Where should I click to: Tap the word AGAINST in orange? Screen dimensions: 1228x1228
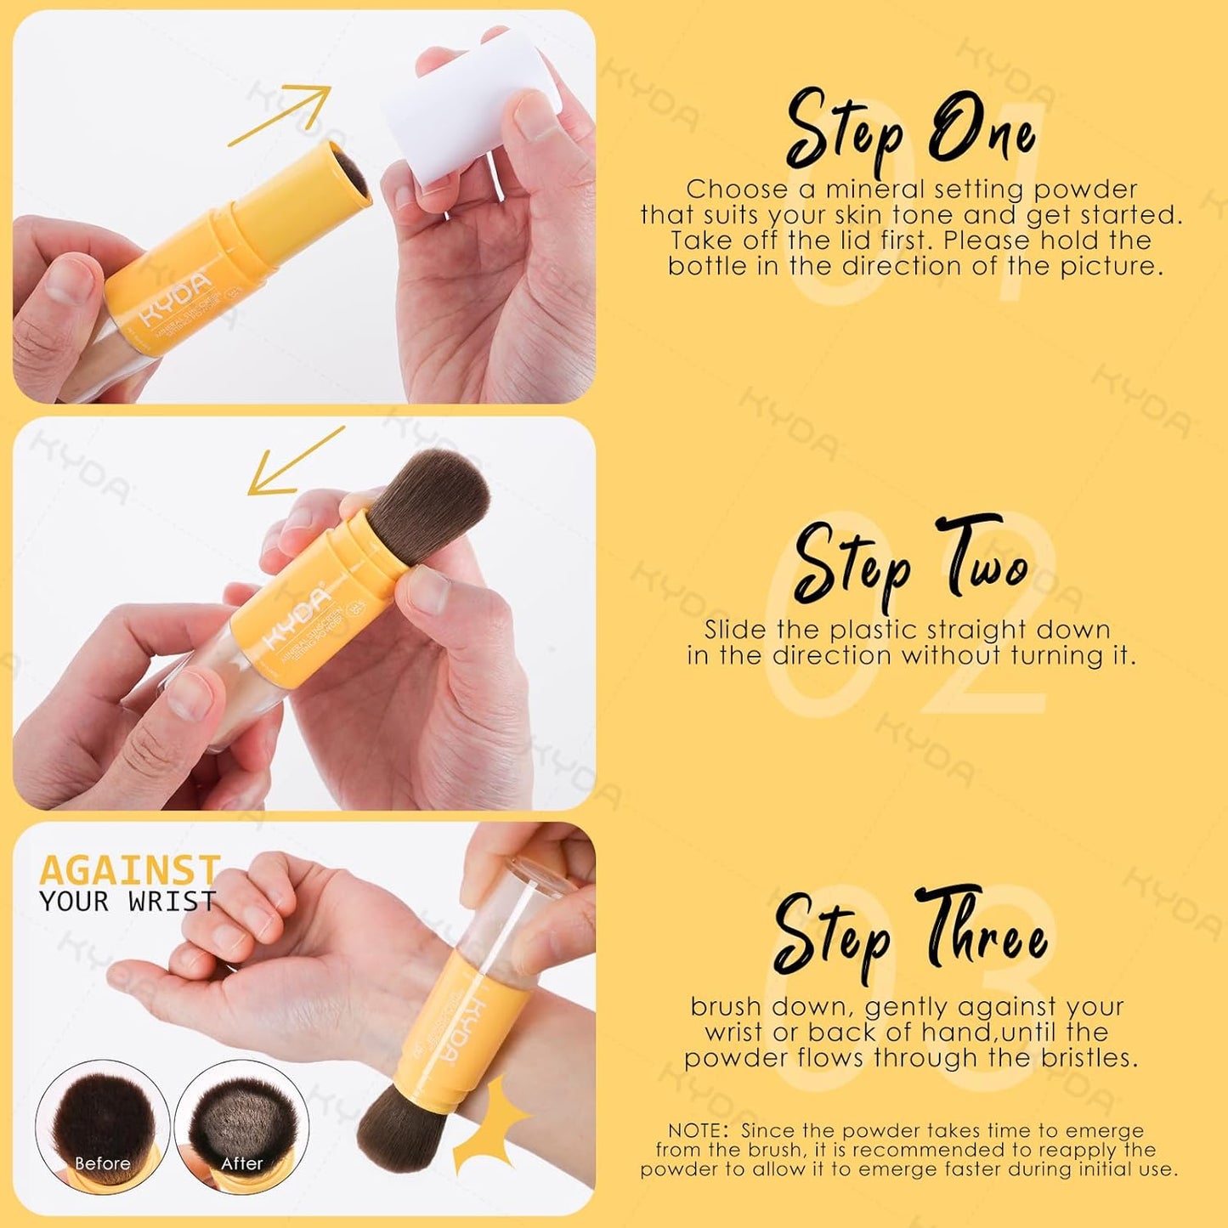pyautogui.click(x=129, y=870)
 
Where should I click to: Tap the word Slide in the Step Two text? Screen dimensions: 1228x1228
pyautogui.click(x=735, y=630)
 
